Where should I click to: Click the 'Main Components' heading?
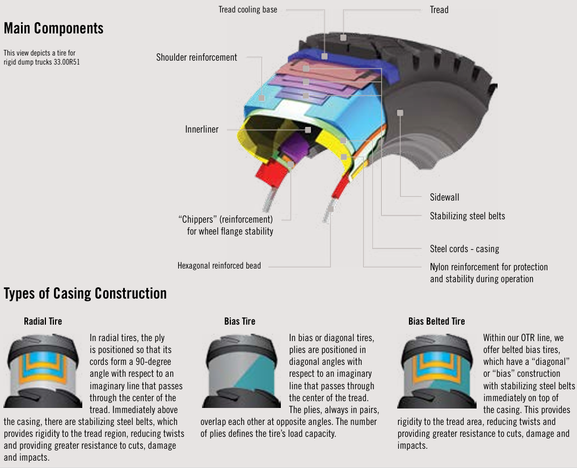(53, 28)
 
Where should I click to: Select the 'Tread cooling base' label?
(248, 10)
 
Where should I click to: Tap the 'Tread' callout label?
(439, 10)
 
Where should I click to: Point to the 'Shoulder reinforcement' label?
(196, 57)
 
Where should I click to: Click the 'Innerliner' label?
(201, 130)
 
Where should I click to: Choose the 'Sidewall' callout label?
(444, 198)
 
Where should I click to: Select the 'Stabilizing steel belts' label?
(467, 216)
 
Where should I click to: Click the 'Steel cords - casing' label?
(464, 249)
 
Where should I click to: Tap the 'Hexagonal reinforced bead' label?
(219, 266)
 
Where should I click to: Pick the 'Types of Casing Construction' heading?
(85, 293)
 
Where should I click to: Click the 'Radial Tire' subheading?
(43, 321)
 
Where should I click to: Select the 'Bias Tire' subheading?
(240, 321)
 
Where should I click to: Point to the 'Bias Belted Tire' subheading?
(436, 321)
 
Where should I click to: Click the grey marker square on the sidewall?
(400, 113)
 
